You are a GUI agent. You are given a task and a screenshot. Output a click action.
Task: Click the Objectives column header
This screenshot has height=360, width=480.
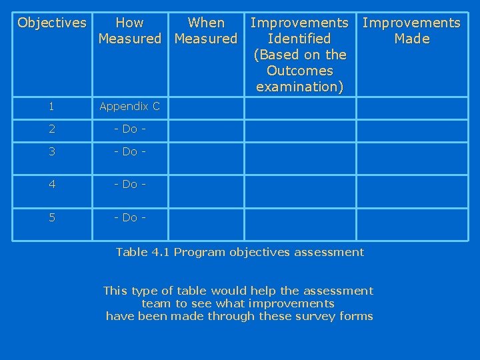[52, 23]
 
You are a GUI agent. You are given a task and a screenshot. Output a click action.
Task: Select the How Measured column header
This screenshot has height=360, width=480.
[129, 31]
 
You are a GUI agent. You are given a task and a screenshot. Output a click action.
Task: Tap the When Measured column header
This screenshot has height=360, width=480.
[206, 31]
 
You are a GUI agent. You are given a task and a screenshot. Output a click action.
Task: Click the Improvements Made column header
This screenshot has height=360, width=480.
[411, 31]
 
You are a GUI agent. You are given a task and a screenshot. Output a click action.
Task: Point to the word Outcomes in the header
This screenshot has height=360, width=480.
[299, 71]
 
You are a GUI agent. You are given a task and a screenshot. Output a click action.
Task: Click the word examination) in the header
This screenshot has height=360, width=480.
[299, 87]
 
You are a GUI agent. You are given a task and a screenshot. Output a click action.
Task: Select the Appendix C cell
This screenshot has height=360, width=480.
[129, 107]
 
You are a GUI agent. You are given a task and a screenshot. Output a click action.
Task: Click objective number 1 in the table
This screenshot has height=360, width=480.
[51, 107]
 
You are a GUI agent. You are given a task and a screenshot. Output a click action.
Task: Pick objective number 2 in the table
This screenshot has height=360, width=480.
[51, 129]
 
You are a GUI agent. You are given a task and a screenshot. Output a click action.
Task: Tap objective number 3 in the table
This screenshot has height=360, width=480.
[51, 151]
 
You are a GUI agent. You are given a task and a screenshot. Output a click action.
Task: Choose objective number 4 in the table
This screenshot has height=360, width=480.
[51, 183]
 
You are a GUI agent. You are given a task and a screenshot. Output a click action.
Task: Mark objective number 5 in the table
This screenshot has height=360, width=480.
[51, 217]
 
